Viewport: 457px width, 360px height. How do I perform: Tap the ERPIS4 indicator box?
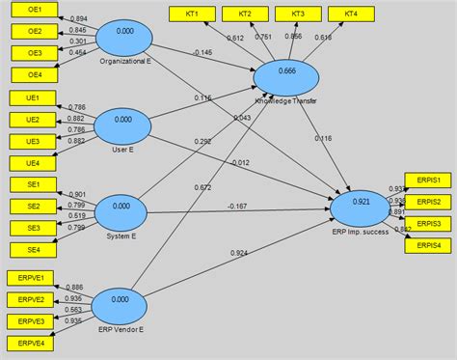430,245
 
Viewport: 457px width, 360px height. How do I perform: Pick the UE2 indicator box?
32,120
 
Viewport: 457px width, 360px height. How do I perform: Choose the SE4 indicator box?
32,250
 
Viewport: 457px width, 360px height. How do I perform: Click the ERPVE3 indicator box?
32,320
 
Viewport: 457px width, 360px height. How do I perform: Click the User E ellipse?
121,122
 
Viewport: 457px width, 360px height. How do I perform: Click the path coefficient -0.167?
237,206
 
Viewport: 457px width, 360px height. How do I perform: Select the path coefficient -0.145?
202,51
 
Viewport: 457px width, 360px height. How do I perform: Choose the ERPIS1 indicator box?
430,180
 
